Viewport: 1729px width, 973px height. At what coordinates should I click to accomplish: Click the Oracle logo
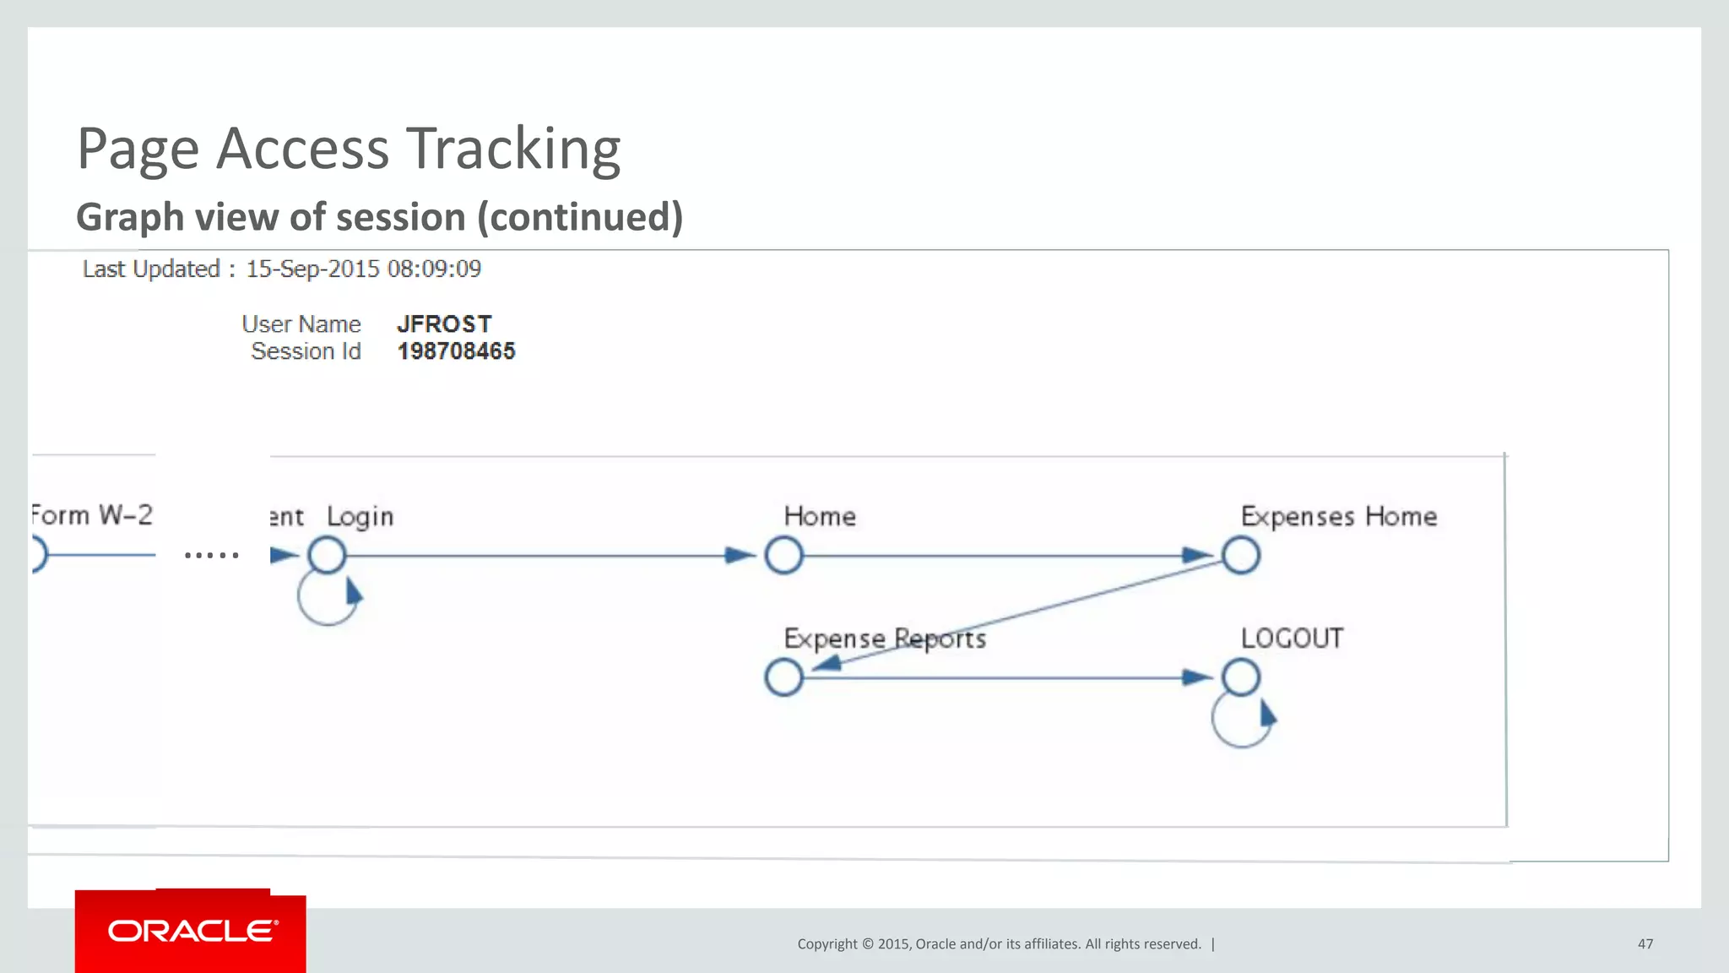(192, 931)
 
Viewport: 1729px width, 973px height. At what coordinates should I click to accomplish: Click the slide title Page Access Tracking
(349, 149)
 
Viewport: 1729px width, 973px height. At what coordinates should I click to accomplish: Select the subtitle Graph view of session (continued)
(379, 217)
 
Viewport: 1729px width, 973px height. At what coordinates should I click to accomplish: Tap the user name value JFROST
(444, 324)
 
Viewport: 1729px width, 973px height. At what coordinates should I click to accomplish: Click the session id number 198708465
(456, 351)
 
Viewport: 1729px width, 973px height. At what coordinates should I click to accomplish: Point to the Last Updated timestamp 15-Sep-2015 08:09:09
(363, 269)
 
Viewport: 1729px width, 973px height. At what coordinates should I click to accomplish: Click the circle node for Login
(327, 556)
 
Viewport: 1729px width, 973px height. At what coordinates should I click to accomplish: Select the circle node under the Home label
(783, 556)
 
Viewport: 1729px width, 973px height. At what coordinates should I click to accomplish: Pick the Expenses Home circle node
(1240, 556)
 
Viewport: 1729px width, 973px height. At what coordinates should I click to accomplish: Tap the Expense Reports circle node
(783, 677)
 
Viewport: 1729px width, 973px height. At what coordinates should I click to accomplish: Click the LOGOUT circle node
(1240, 677)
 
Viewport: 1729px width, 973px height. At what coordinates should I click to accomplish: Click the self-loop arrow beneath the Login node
(329, 601)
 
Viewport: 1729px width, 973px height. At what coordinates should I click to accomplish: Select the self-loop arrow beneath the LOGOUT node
(1244, 723)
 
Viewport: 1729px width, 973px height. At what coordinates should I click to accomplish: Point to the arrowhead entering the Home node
(740, 556)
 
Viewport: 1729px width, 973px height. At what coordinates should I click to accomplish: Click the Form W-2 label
(92, 515)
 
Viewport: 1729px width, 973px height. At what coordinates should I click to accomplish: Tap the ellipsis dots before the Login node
(211, 555)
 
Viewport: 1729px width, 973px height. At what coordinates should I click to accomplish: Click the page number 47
(1645, 943)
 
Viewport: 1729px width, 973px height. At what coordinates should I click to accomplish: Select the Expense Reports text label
(884, 639)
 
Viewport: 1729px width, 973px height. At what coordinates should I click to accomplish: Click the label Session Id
(306, 351)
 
